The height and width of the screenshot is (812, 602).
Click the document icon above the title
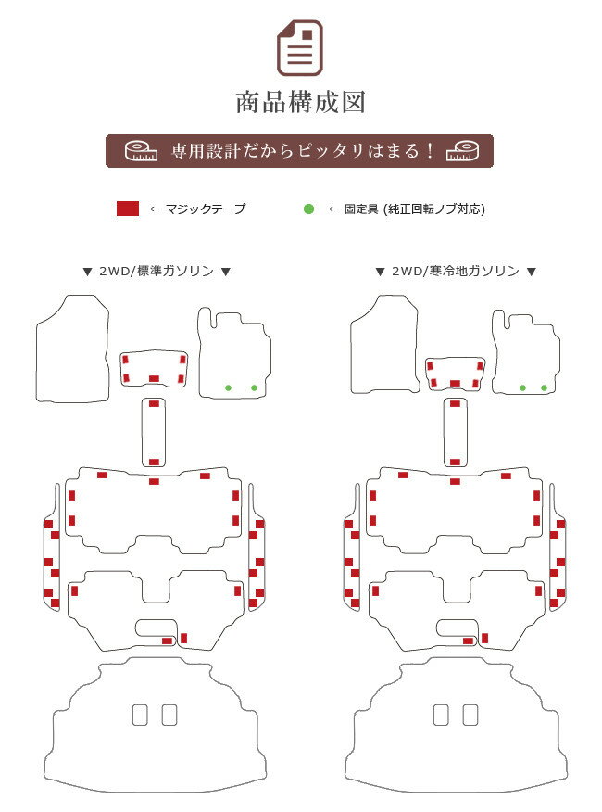(x=300, y=48)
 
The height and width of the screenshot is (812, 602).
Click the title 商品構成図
(x=301, y=102)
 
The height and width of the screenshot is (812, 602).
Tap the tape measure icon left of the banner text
(x=141, y=151)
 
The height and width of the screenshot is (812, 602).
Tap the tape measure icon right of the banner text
(x=463, y=151)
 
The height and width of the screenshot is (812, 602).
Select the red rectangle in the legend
(x=128, y=209)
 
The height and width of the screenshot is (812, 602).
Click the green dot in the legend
(x=308, y=209)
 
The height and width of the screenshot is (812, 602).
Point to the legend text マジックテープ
(x=205, y=209)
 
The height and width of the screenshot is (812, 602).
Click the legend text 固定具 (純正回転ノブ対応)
(x=415, y=209)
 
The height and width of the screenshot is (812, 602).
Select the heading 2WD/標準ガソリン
(x=157, y=271)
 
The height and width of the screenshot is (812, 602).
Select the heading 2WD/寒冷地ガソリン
(x=456, y=271)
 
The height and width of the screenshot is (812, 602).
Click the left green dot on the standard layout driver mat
(x=228, y=387)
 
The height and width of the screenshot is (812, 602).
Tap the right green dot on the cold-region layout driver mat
(x=544, y=387)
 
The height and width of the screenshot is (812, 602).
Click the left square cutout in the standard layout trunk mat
(x=140, y=716)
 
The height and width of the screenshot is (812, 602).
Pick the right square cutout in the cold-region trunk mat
(x=470, y=716)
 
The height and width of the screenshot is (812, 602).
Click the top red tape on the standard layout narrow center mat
(x=154, y=404)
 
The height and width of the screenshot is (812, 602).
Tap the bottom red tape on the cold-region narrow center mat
(x=455, y=462)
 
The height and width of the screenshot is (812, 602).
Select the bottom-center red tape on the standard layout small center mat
(x=154, y=379)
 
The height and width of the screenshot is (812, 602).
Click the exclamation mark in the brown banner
(x=430, y=151)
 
